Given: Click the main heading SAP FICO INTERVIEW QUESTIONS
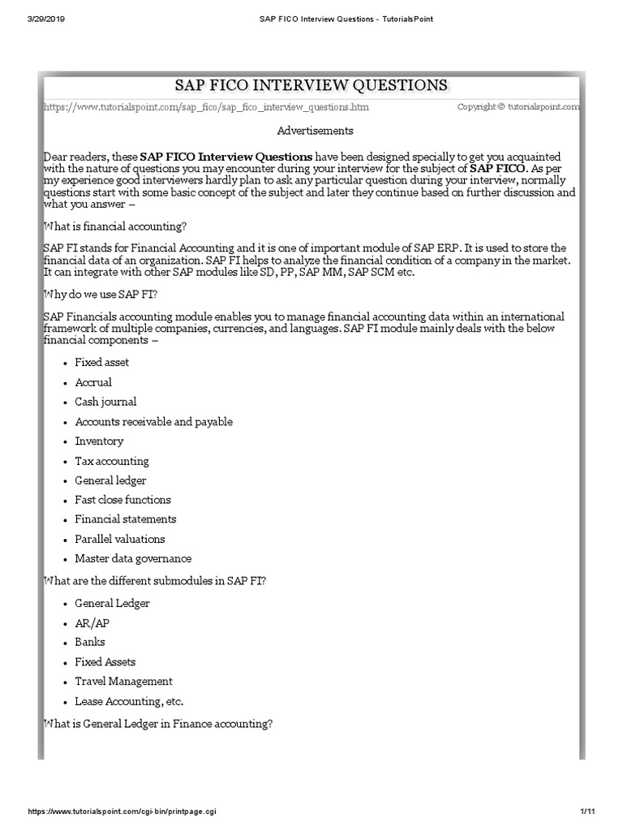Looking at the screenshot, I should (311, 85).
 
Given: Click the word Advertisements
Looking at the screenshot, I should (316, 130).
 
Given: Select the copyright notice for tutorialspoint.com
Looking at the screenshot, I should (518, 106).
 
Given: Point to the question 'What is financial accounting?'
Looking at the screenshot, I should (116, 226).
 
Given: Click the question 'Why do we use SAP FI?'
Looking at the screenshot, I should (101, 293).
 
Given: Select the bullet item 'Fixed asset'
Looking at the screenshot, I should (102, 363).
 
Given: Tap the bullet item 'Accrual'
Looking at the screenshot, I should (93, 382).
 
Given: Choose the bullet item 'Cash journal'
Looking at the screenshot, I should (105, 402).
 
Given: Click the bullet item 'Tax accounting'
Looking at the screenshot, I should (112, 461).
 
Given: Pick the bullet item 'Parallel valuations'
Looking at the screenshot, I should (120, 539).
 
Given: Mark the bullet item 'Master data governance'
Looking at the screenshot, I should (133, 558).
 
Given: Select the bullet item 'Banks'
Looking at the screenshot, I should (90, 643).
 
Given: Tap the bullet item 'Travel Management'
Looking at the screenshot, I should (123, 682).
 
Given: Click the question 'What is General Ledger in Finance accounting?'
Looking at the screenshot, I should (157, 724).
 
